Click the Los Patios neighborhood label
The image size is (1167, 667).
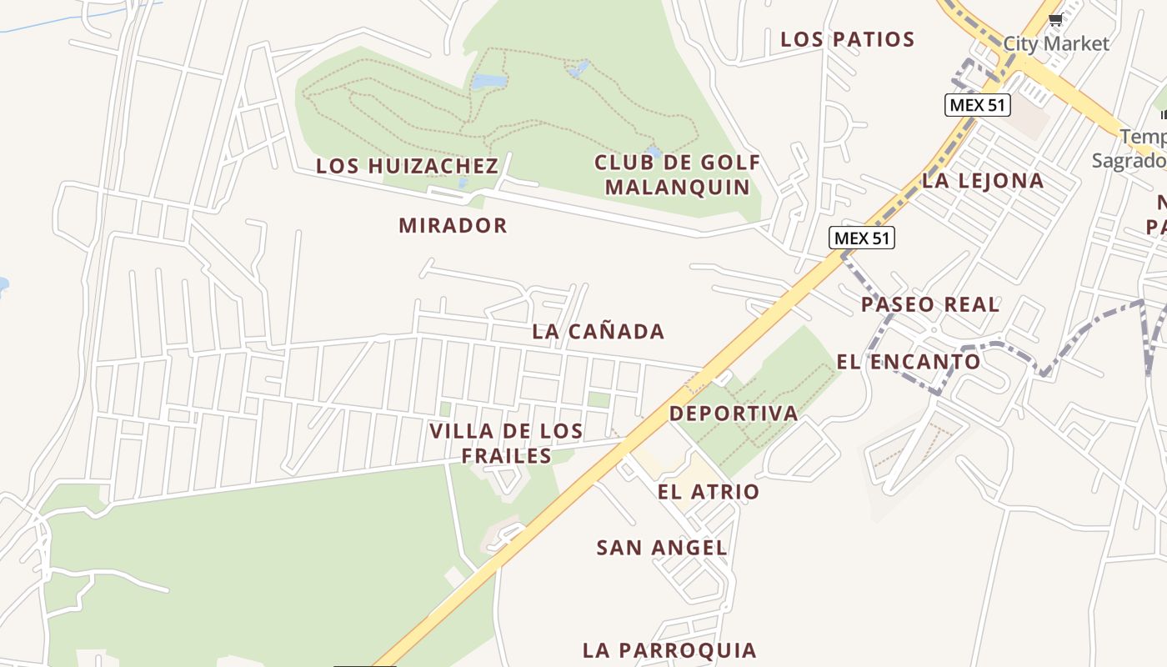(x=847, y=39)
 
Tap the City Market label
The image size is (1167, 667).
(x=1056, y=43)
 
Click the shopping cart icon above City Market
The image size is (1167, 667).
(x=1055, y=20)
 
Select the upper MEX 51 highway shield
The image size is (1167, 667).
(x=977, y=105)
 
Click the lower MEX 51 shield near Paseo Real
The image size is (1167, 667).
(x=862, y=238)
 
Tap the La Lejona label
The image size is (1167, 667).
(x=983, y=180)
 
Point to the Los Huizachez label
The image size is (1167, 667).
(x=407, y=166)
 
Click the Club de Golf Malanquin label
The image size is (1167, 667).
(x=677, y=174)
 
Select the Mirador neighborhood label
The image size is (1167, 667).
(x=453, y=225)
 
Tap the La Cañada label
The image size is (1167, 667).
(x=598, y=331)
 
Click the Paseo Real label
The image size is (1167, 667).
(x=929, y=304)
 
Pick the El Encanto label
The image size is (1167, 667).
(x=908, y=362)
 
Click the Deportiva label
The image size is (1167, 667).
(x=733, y=414)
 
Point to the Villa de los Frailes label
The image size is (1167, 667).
(x=506, y=444)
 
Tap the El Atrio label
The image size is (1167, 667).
(x=708, y=492)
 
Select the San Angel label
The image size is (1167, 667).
(x=662, y=548)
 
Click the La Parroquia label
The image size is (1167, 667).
(x=669, y=650)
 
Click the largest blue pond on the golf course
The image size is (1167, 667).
(x=489, y=81)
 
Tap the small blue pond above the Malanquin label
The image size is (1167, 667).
(x=654, y=152)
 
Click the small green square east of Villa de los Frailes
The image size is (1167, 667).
(x=599, y=399)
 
